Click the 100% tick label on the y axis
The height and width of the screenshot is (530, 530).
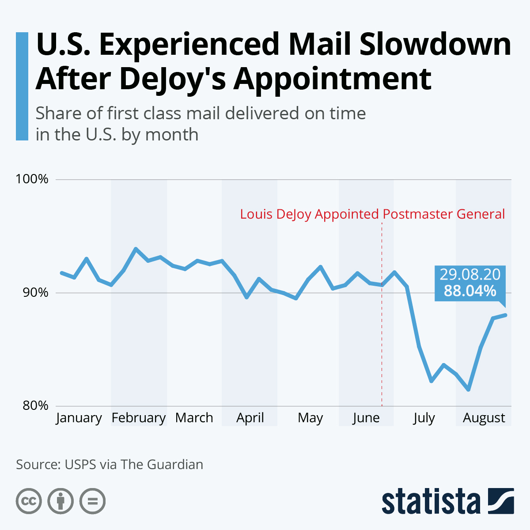click(x=32, y=179)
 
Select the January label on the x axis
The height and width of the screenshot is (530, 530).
click(x=79, y=418)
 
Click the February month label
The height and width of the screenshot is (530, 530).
click(x=138, y=418)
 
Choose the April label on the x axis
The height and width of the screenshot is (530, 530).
click(x=250, y=418)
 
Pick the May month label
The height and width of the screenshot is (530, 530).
click(x=310, y=418)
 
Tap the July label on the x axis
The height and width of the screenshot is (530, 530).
click(x=424, y=418)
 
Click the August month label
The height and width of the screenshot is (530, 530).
click(x=484, y=418)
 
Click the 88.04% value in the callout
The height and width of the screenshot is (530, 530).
click(x=470, y=291)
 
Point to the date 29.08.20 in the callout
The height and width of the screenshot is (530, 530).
click(x=470, y=275)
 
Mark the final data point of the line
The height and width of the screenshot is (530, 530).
click(x=505, y=315)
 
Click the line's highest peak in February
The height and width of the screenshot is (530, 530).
click(x=136, y=249)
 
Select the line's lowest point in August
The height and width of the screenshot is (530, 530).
click(x=468, y=390)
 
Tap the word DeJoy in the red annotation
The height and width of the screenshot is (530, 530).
click(x=294, y=214)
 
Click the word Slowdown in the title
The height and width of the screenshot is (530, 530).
click(x=435, y=44)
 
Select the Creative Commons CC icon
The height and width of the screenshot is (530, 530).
click(x=29, y=501)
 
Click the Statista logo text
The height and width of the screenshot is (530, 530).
click(x=431, y=501)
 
